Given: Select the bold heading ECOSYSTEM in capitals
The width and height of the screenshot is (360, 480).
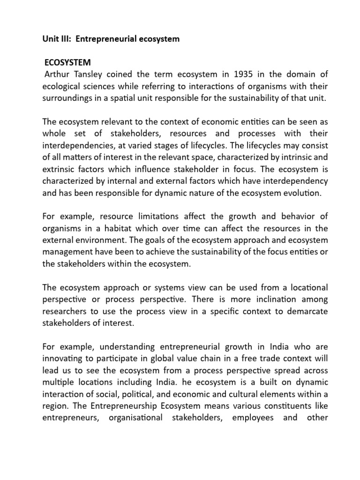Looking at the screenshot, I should pyautogui.click(x=67, y=63).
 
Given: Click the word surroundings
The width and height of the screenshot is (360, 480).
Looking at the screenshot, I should pyautogui.click(x=67, y=99).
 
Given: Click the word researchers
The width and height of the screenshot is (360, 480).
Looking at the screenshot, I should pyautogui.click(x=64, y=311).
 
